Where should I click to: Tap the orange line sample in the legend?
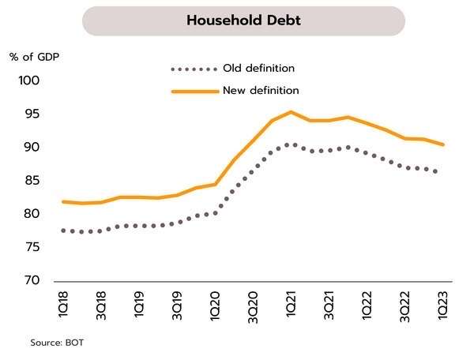[194, 92]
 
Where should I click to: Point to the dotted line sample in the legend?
[194, 69]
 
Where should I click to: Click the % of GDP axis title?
[34, 57]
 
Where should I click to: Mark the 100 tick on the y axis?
[28, 81]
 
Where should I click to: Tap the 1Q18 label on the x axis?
[63, 304]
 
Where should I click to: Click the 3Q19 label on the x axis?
[177, 304]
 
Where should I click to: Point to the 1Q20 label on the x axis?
[215, 304]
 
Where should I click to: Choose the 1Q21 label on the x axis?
[291, 304]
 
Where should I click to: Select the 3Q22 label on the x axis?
[405, 304]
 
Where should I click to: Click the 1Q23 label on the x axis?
[443, 304]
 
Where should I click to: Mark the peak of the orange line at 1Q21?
[291, 111]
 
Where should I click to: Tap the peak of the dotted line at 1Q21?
[291, 144]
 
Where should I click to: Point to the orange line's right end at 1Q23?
[443, 144]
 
